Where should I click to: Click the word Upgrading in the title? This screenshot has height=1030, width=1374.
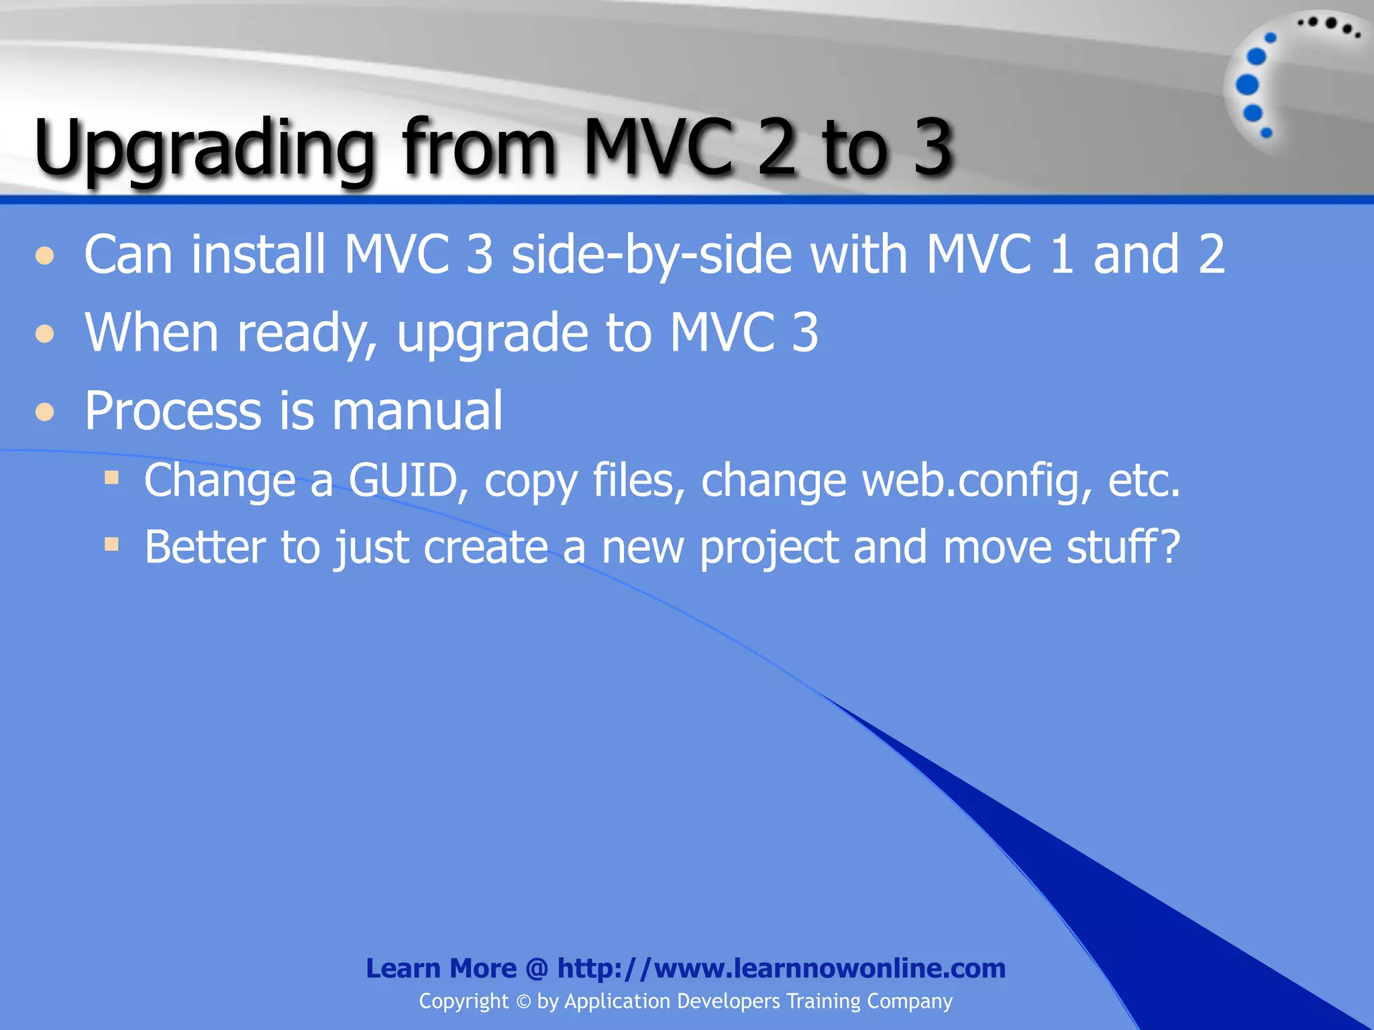(x=204, y=149)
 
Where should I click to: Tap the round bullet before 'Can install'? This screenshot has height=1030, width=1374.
(x=45, y=256)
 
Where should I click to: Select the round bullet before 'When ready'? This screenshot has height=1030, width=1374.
(x=45, y=333)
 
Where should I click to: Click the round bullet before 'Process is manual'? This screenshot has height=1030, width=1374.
(x=45, y=411)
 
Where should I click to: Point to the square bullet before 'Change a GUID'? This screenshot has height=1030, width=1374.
(x=111, y=478)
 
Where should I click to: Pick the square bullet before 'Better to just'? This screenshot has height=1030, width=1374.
(x=111, y=544)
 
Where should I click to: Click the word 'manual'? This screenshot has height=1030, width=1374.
(x=417, y=410)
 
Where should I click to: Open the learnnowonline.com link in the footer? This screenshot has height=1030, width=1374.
(x=782, y=968)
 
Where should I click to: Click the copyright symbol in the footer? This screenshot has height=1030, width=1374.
(x=523, y=1002)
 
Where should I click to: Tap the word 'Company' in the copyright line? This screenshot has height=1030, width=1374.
(x=909, y=1002)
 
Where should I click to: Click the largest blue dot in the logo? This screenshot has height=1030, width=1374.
(x=1247, y=85)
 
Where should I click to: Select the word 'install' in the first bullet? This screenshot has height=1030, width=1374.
(x=258, y=255)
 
